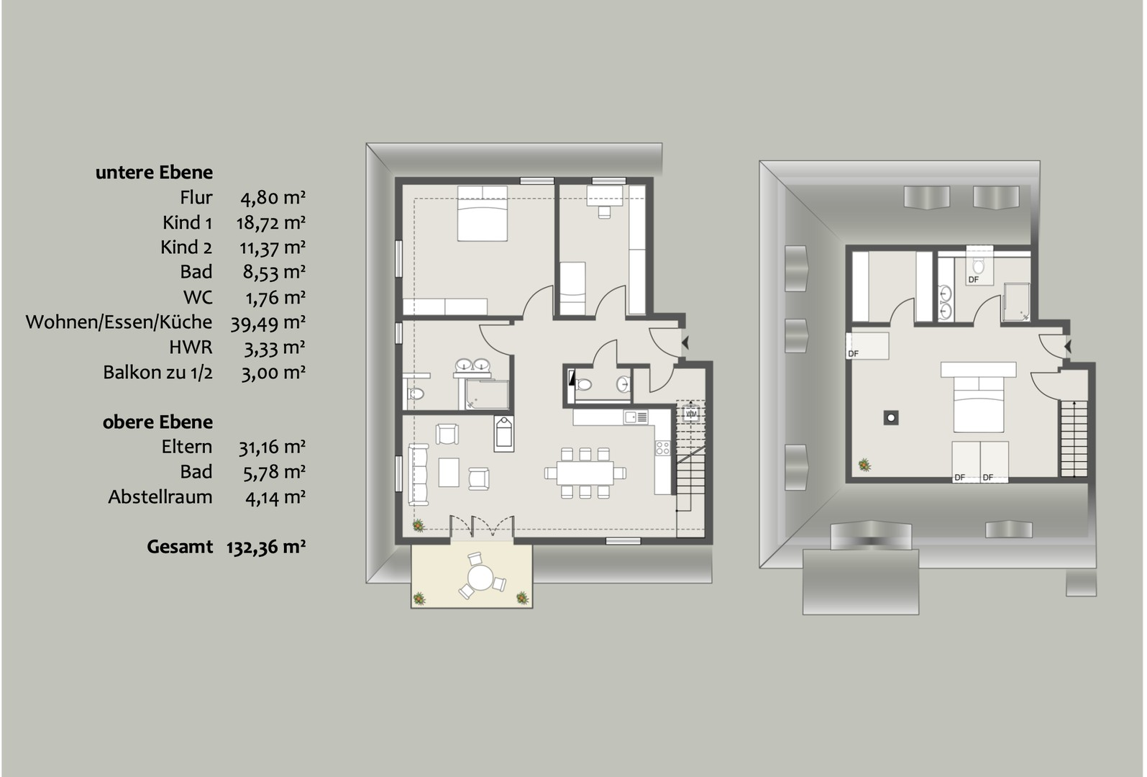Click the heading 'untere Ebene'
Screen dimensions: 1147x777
(154, 173)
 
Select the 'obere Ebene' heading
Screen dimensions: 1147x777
(157, 422)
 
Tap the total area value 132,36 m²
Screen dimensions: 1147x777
(266, 547)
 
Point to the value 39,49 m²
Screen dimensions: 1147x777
(268, 323)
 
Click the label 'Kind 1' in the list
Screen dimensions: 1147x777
(187, 223)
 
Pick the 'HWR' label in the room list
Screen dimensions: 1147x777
(191, 347)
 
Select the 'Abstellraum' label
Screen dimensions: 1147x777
(160, 497)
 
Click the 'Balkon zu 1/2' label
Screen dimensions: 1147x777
(157, 373)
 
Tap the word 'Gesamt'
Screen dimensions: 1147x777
(180, 547)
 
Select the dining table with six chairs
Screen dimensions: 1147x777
(585, 473)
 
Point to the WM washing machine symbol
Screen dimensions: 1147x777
(691, 413)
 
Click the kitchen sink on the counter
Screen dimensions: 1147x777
(636, 417)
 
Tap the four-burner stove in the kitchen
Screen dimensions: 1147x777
(662, 448)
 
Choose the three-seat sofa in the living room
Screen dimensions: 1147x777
(419, 474)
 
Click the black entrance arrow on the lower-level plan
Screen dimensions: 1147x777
(685, 342)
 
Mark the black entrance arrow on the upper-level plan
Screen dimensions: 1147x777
(1068, 347)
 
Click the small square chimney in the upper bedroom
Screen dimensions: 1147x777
(891, 418)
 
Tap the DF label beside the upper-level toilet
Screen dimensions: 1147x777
(974, 280)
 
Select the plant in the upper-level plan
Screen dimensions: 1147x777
(865, 465)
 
